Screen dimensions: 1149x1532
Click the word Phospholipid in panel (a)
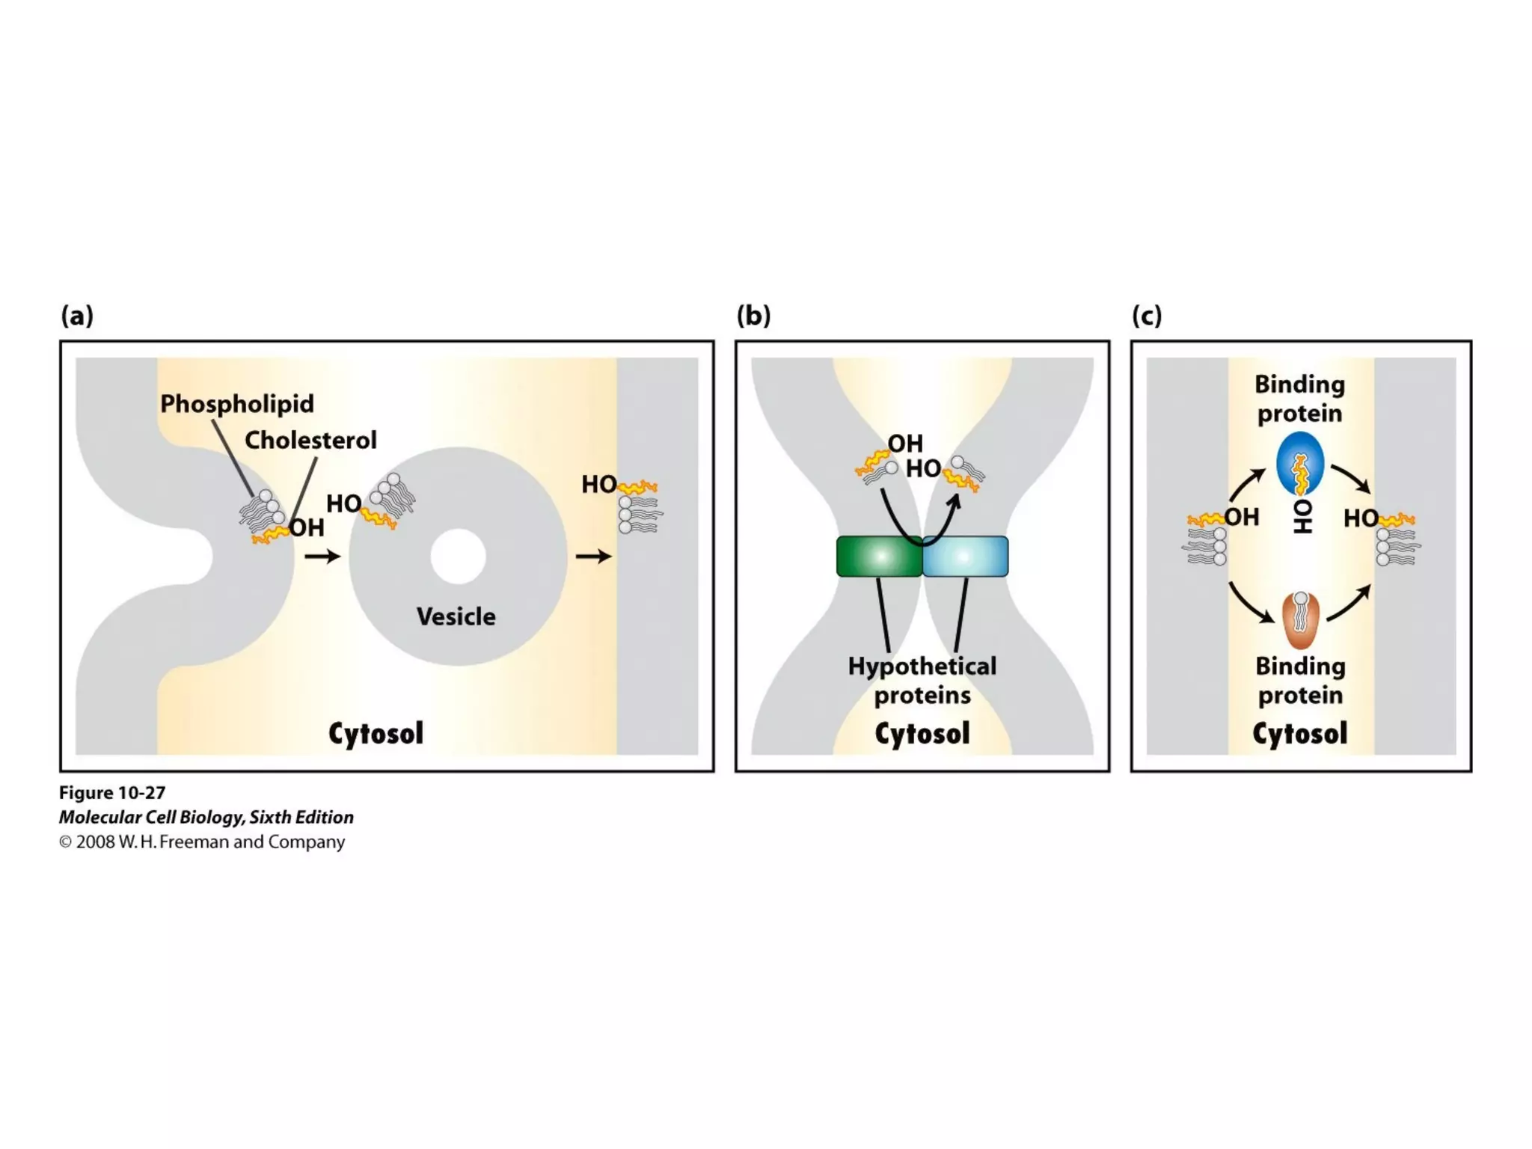236,404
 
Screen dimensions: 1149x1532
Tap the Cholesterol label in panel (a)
310,440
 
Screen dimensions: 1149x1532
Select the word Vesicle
456,616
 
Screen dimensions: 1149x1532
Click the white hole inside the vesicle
458,557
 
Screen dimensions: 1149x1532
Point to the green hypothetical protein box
879,557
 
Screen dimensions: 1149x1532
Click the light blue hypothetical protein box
965,557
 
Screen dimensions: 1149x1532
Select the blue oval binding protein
1300,464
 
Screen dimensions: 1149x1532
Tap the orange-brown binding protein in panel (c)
1301,621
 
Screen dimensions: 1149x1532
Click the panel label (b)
753,316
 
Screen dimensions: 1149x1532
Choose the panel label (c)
1147,316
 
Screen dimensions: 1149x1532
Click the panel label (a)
77,316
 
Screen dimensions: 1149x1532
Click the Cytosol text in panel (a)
376,733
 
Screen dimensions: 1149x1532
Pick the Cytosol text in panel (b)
922,733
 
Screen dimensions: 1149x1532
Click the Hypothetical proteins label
922,680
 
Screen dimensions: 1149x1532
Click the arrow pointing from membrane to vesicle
322,556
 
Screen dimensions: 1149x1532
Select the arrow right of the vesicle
593,556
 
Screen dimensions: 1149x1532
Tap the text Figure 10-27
112,792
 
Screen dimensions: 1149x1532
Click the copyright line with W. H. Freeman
202,842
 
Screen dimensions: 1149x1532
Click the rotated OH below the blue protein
1302,516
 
